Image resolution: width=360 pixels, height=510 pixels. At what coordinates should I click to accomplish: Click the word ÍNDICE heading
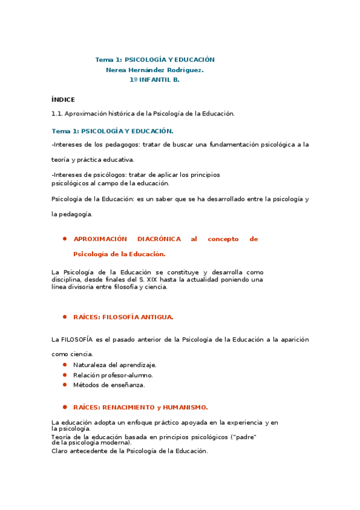pos(63,99)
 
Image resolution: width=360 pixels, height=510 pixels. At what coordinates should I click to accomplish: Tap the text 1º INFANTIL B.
pos(154,79)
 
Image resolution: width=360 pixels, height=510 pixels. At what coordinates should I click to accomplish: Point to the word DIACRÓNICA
pos(156,239)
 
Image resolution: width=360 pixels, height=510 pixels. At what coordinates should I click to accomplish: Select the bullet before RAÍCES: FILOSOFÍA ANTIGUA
pos(64,316)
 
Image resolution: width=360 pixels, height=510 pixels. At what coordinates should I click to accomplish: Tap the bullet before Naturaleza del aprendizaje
pos(64,365)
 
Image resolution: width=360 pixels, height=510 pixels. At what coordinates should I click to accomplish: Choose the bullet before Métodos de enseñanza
pos(64,385)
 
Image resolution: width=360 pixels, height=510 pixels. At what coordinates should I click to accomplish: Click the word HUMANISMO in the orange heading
pos(186,407)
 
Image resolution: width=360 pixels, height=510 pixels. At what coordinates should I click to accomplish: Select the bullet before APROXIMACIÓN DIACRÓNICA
pos(64,239)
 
